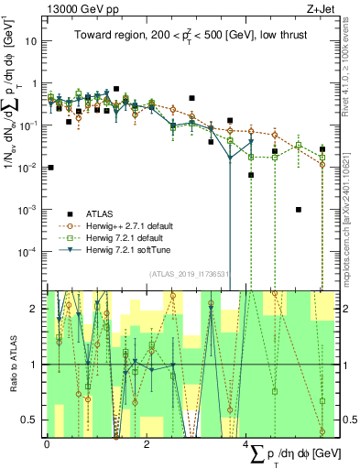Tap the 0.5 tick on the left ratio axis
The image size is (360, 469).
click(33, 420)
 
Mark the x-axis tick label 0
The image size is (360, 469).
click(47, 445)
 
